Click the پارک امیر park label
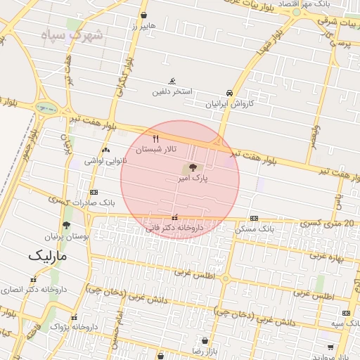pyautogui.click(x=195, y=179)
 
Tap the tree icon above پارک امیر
pyautogui.click(x=191, y=168)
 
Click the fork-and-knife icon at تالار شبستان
pyautogui.click(x=156, y=138)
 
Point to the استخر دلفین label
pyautogui.click(x=173, y=92)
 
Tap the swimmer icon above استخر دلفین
pyautogui.click(x=173, y=82)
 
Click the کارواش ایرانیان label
pyautogui.click(x=229, y=103)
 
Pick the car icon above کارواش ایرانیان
pyautogui.click(x=229, y=93)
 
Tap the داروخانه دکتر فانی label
pyautogui.click(x=174, y=228)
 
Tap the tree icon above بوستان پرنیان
pyautogui.click(x=66, y=226)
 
